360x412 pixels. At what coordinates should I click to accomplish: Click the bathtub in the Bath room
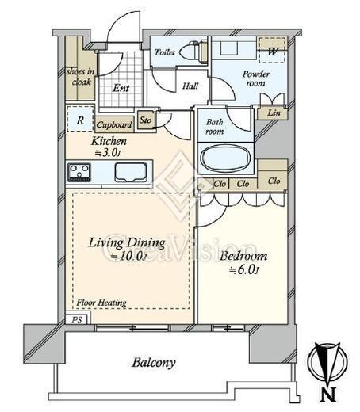(x=225, y=158)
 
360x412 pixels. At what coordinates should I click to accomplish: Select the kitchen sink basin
(x=131, y=172)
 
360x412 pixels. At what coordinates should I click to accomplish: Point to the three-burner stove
(x=79, y=173)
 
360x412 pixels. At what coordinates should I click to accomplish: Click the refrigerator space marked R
(x=80, y=119)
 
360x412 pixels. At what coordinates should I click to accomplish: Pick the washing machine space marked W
(x=273, y=51)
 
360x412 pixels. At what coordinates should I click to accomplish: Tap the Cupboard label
(x=114, y=124)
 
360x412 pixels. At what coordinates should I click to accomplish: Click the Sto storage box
(x=145, y=120)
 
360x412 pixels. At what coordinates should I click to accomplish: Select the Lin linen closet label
(x=274, y=113)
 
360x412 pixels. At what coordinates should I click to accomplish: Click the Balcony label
(x=154, y=363)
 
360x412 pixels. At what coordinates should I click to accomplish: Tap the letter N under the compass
(x=328, y=395)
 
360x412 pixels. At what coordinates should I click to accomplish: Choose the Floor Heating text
(x=101, y=303)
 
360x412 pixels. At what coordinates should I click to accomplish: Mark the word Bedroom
(x=243, y=256)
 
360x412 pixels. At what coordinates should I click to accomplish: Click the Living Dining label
(x=127, y=243)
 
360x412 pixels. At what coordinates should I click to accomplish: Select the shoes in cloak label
(x=80, y=77)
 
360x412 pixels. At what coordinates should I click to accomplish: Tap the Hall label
(x=190, y=86)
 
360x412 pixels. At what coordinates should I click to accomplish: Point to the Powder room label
(x=256, y=78)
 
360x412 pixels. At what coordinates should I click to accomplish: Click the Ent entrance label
(x=121, y=88)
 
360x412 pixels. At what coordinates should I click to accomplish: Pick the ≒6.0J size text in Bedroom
(x=243, y=270)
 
